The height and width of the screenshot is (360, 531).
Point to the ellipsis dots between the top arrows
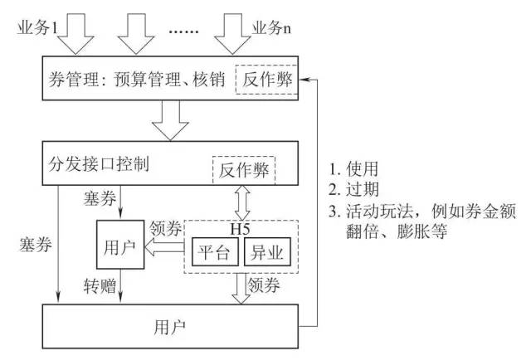tap(186, 32)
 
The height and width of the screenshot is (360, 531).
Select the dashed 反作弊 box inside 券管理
tap(264, 80)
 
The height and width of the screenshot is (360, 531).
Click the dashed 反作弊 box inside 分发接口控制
tap(244, 171)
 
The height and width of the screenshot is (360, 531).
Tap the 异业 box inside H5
tap(265, 251)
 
